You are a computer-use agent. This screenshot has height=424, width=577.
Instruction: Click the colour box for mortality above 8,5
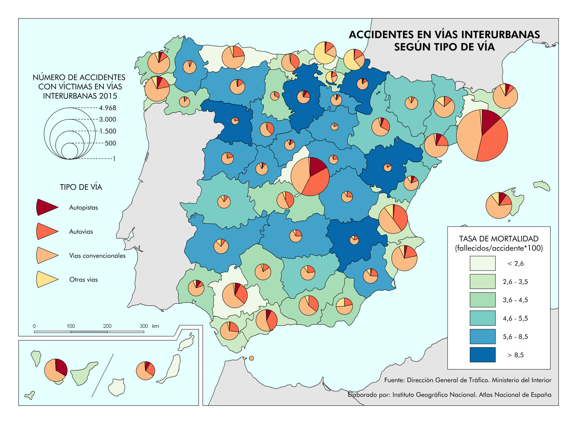pyautogui.click(x=482, y=355)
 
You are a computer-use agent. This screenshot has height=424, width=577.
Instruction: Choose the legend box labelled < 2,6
pyautogui.click(x=482, y=263)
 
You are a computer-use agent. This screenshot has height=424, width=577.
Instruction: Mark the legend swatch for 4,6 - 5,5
pyautogui.click(x=482, y=318)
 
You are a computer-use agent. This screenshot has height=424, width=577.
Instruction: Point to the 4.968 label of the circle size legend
pyautogui.click(x=108, y=108)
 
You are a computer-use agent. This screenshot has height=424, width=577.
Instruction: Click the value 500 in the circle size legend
pyautogui.click(x=111, y=143)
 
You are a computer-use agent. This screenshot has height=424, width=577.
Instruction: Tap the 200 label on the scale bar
pyautogui.click(x=107, y=326)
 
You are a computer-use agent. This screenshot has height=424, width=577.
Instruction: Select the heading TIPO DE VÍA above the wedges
pyautogui.click(x=81, y=187)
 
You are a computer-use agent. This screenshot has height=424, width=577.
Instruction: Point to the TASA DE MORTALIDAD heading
pyautogui.click(x=499, y=239)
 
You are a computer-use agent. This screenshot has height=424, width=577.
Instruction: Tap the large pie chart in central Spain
pyautogui.click(x=310, y=176)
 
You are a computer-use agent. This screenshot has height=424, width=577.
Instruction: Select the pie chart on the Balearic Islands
pyautogui.click(x=499, y=205)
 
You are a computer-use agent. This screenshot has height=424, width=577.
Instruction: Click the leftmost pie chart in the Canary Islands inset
pyautogui.click(x=56, y=370)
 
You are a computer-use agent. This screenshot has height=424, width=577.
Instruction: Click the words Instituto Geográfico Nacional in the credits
pyautogui.click(x=434, y=395)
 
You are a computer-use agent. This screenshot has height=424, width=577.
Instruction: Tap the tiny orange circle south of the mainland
pyautogui.click(x=252, y=358)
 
